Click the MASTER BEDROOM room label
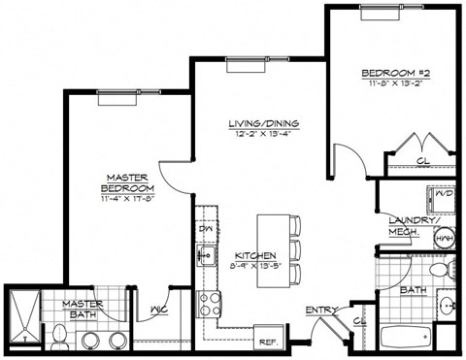point(128,183)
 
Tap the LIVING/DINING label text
point(262,123)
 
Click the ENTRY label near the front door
point(321,311)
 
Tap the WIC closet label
point(159,311)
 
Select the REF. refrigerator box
point(268,341)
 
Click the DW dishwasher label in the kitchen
point(206,229)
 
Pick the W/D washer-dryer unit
point(445,194)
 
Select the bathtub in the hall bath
point(407,340)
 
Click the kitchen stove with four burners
point(208,304)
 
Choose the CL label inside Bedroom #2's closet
point(422,160)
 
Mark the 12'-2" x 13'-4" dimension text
point(262,135)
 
